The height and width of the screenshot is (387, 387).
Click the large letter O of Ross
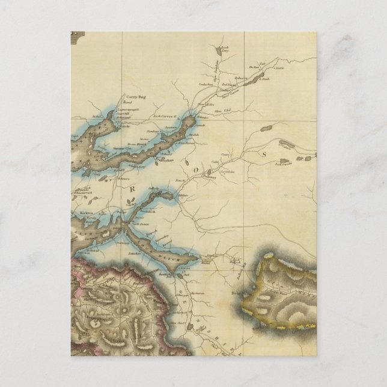tap(195, 170)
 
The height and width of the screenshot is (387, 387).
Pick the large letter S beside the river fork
tap(262, 154)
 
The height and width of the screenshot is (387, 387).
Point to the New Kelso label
tap(206, 105)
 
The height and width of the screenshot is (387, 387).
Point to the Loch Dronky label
tap(283, 163)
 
